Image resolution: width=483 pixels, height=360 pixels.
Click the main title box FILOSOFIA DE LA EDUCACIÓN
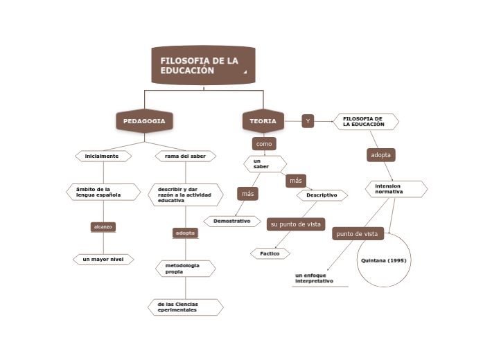(x=203, y=66)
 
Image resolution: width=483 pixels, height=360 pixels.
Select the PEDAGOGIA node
(x=144, y=121)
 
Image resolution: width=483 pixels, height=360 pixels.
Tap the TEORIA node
(x=263, y=121)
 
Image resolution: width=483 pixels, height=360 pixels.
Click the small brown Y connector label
(x=308, y=121)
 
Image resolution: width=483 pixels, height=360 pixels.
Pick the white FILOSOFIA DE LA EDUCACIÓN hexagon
(x=366, y=122)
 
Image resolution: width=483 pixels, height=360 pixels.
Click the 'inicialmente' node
(x=103, y=156)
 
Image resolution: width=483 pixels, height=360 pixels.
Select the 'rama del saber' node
(x=185, y=156)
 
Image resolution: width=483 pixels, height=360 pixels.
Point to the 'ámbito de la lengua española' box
(x=103, y=192)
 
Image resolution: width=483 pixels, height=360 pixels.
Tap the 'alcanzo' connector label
(x=103, y=226)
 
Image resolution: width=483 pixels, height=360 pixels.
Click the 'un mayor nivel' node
(x=103, y=260)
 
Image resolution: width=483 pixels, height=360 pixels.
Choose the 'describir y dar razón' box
(x=185, y=195)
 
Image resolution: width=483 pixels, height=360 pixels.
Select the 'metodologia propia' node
(x=185, y=269)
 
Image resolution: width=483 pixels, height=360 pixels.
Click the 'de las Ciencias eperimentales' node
(x=185, y=307)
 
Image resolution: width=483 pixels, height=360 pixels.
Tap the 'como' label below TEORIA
(x=264, y=144)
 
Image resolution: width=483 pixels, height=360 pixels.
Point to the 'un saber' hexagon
(x=264, y=164)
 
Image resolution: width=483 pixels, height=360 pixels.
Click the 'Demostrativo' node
(x=231, y=221)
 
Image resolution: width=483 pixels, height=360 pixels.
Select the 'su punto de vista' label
(x=295, y=224)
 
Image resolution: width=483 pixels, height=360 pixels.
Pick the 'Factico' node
(x=270, y=253)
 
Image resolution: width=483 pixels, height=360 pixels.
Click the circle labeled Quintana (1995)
(x=383, y=261)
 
